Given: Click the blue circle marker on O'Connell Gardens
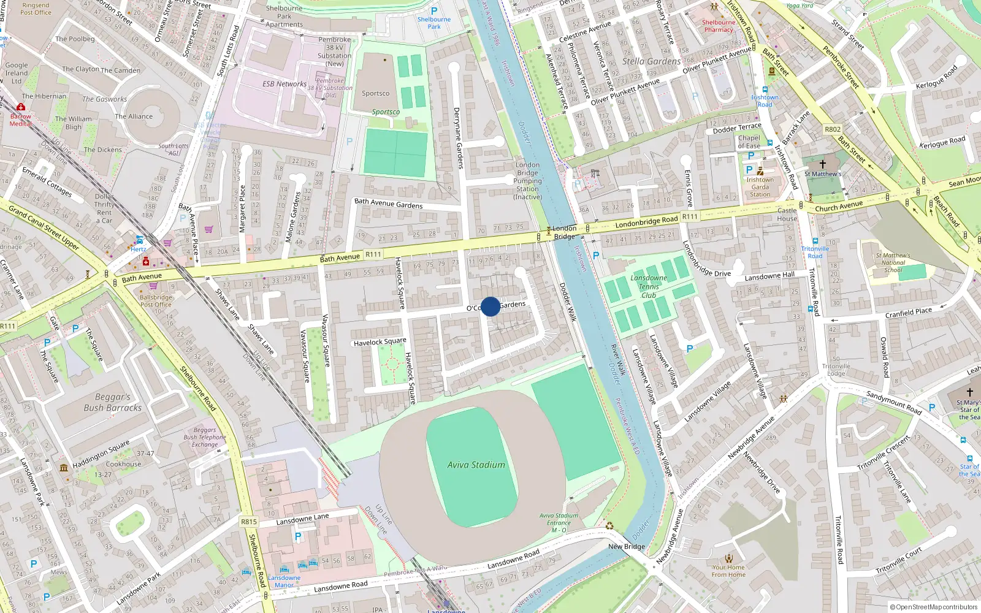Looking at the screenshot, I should (490, 306).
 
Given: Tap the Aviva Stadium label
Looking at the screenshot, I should (476, 465).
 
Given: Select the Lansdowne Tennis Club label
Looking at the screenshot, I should (649, 286).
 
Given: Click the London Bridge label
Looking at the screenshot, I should (564, 232).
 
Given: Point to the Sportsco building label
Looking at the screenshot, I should (375, 94).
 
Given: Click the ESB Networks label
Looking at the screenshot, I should (284, 84).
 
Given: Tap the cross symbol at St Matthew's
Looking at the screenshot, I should (823, 164).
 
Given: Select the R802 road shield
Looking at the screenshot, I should (833, 129).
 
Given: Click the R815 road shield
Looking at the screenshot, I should (249, 522).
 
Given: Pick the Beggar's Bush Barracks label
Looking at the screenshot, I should (112, 403).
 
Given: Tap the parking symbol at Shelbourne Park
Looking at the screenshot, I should (434, 11).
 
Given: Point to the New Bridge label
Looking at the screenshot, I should (627, 546).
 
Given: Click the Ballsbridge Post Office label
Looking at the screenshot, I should (156, 300).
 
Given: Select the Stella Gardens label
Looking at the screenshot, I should (651, 61).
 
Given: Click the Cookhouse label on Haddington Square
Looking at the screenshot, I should (123, 464).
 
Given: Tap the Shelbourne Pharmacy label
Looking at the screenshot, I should (719, 26).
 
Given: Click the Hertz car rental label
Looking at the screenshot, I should (139, 249).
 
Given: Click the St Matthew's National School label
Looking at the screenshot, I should (893, 262).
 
